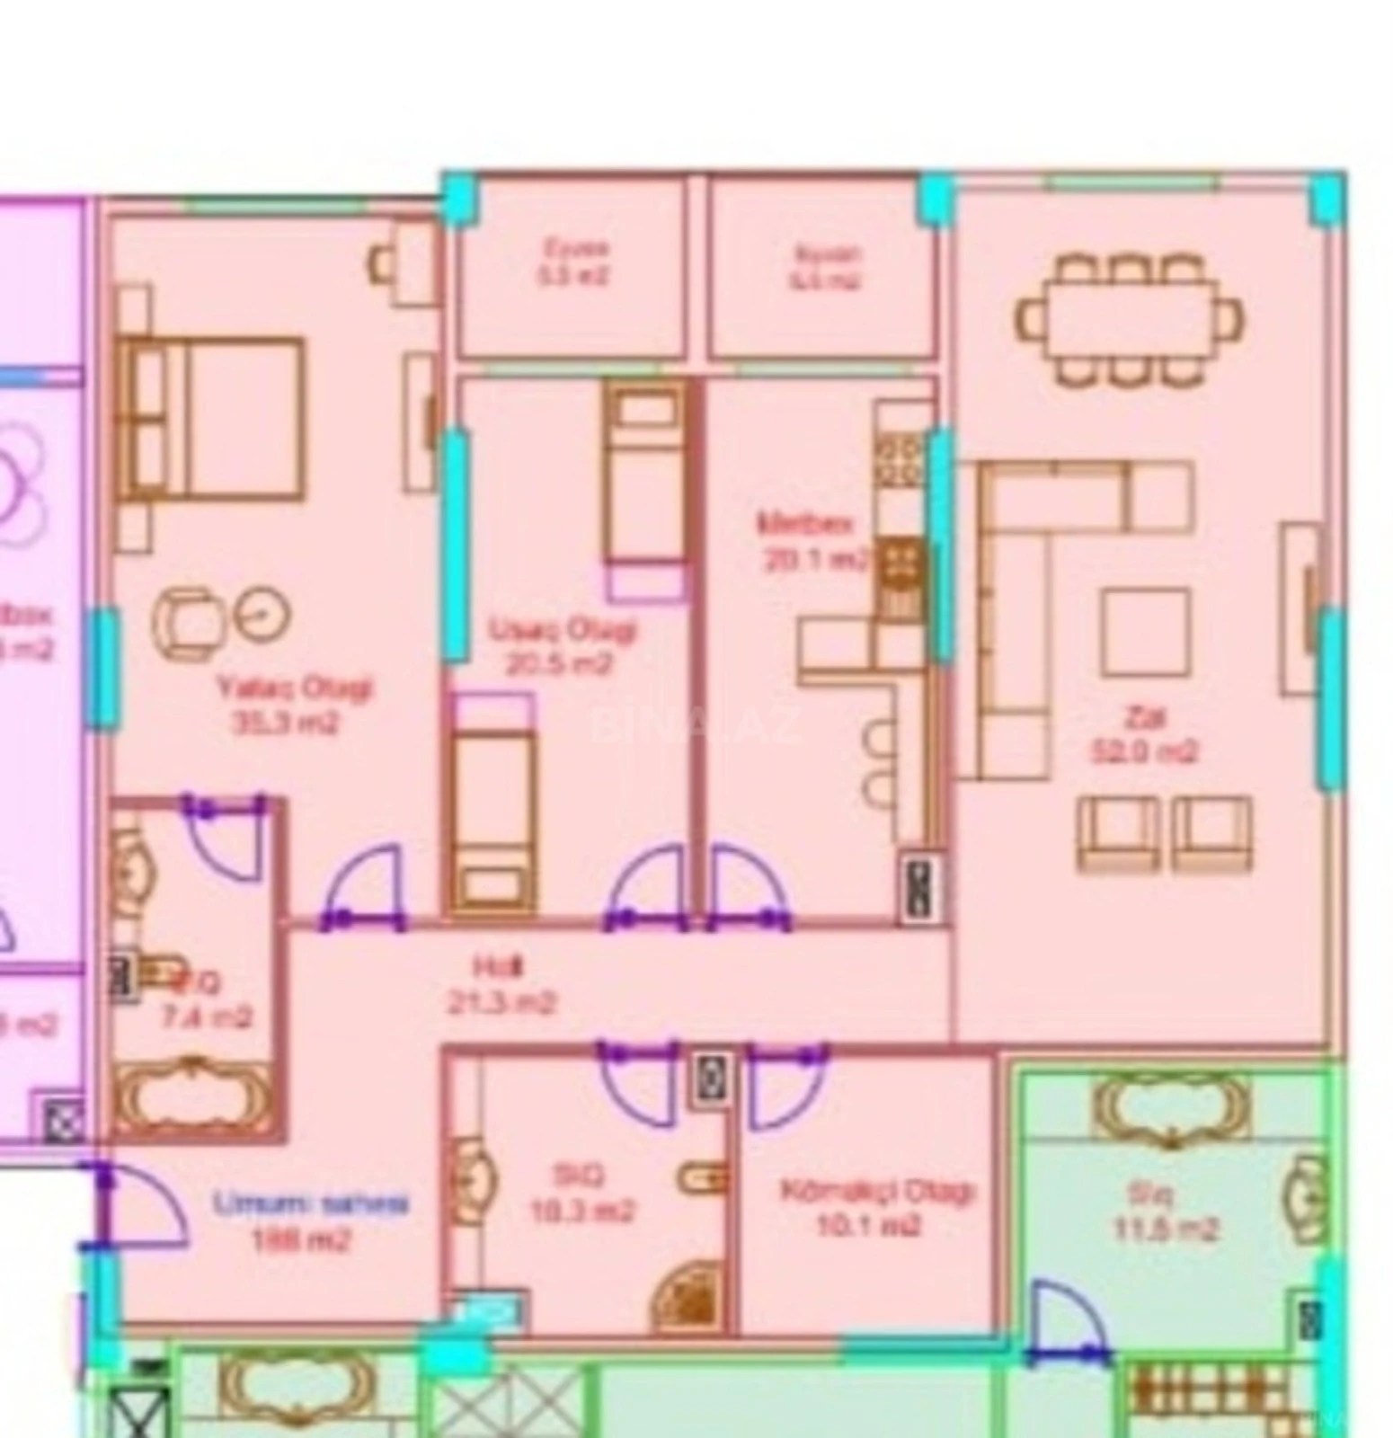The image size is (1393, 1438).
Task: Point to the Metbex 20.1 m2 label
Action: [813, 541]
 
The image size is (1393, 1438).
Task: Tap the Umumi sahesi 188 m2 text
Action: [310, 1221]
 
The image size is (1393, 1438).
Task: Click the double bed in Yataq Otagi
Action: [212, 418]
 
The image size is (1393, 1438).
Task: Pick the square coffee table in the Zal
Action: [1145, 632]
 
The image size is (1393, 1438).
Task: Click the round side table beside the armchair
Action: [263, 614]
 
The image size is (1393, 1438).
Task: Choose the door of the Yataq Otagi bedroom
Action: [363, 886]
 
